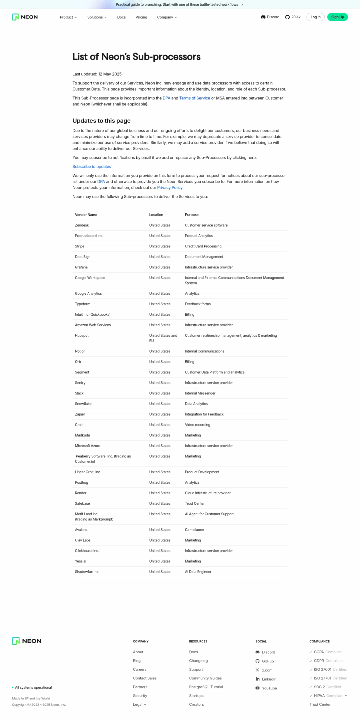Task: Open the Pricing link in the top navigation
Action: [141, 17]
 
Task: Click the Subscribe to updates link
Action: [91, 167]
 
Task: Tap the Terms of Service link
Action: [194, 98]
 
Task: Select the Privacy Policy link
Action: [169, 187]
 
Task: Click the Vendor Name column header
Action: [86, 215]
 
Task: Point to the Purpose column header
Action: [191, 215]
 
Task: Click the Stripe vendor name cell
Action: [79, 246]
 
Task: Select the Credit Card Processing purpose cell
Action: [203, 246]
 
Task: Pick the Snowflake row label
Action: [83, 403]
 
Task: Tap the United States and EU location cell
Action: [163, 338]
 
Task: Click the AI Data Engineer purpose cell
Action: [198, 572]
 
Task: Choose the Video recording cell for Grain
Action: [197, 424]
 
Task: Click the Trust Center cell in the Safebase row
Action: [194, 503]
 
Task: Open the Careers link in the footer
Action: [139, 669]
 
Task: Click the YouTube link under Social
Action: [269, 688]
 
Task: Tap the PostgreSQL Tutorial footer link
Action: [206, 687]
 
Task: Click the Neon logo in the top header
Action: [25, 17]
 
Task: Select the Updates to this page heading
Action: [101, 120]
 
